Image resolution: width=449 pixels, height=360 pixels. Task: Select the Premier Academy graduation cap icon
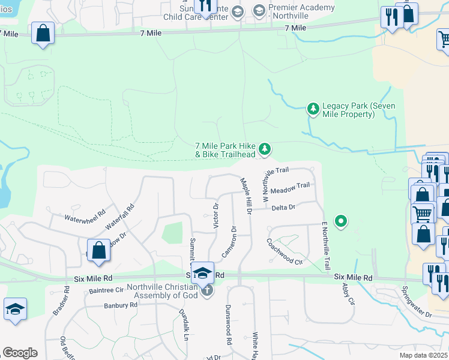point(259,10)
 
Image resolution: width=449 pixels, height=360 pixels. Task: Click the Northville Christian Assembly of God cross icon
point(206,291)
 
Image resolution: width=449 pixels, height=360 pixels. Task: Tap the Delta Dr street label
point(283,208)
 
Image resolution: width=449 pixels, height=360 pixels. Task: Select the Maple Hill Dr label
point(247,196)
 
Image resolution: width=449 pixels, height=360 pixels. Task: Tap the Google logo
point(20,353)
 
